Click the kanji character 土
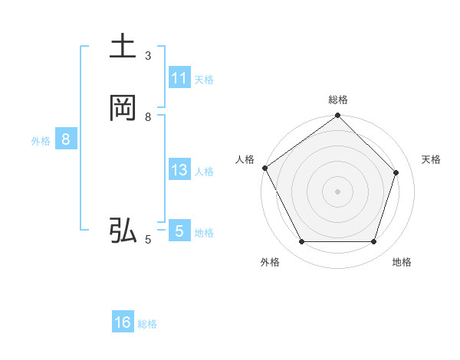[123, 48]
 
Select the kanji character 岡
[123, 109]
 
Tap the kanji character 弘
[123, 231]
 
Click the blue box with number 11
[179, 78]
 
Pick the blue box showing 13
[179, 170]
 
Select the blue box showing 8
[66, 139]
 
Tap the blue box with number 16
[123, 322]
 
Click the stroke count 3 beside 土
[148, 56]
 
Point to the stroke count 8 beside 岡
[148, 117]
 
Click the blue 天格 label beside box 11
[204, 80]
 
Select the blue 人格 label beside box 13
[204, 172]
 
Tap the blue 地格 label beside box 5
[204, 233]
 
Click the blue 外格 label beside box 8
[41, 141]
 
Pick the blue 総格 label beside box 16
[147, 324]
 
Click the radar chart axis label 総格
[337, 100]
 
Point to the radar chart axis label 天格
[431, 159]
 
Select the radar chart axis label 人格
[245, 159]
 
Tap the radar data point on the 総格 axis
[337, 116]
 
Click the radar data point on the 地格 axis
[374, 242]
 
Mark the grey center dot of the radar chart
[337, 191]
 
